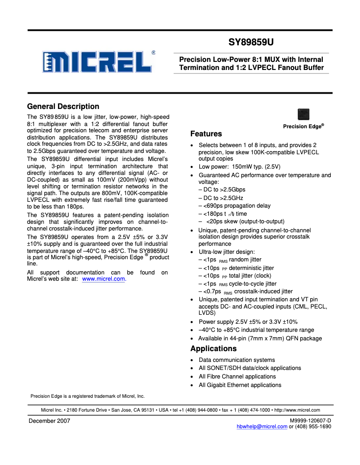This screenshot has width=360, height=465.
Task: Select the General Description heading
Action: click(63, 106)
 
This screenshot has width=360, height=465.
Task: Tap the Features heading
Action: click(206, 134)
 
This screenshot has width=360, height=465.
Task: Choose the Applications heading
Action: click(213, 348)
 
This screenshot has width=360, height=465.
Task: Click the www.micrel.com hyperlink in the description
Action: click(104, 279)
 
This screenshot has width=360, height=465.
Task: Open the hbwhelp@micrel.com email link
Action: click(262, 426)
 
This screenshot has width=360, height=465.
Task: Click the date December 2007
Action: click(49, 421)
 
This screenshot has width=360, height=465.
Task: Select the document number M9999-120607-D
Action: click(311, 420)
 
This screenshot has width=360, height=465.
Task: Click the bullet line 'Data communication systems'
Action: click(237, 360)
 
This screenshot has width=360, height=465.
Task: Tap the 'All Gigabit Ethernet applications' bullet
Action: click(240, 385)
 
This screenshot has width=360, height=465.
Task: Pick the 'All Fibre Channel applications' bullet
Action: click(237, 377)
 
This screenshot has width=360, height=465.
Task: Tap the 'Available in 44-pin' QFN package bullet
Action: click(260, 339)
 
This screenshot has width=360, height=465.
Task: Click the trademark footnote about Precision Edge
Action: click(88, 396)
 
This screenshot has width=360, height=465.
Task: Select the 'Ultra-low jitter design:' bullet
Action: click(227, 252)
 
